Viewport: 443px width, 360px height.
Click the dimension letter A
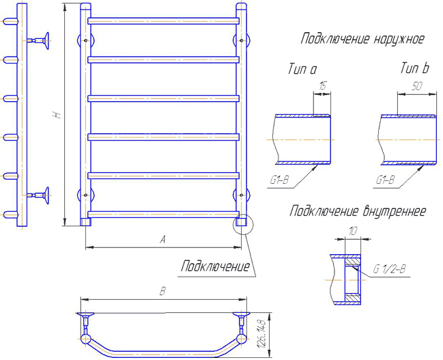[162, 240]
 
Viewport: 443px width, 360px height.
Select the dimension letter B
[162, 291]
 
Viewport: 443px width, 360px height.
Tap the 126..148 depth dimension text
[261, 334]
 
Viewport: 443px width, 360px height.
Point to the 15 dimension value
[322, 85]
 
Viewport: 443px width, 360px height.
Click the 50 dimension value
[417, 86]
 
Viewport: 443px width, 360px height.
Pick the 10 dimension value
[352, 232]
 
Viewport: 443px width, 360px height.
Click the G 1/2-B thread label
[389, 269]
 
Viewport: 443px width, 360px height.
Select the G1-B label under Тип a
[279, 180]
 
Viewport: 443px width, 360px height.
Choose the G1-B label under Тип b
[385, 180]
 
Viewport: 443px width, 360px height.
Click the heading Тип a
[302, 69]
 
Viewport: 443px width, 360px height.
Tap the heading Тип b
[414, 68]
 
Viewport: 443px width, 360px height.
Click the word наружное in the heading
[399, 39]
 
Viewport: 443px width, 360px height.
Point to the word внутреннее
[394, 211]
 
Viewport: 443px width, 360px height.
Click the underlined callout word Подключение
[215, 266]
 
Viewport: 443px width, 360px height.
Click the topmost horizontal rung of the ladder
[164, 21]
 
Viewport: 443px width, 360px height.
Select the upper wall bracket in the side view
[39, 41]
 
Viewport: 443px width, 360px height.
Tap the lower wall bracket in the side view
[39, 195]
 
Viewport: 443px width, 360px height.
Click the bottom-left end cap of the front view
[85, 222]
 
